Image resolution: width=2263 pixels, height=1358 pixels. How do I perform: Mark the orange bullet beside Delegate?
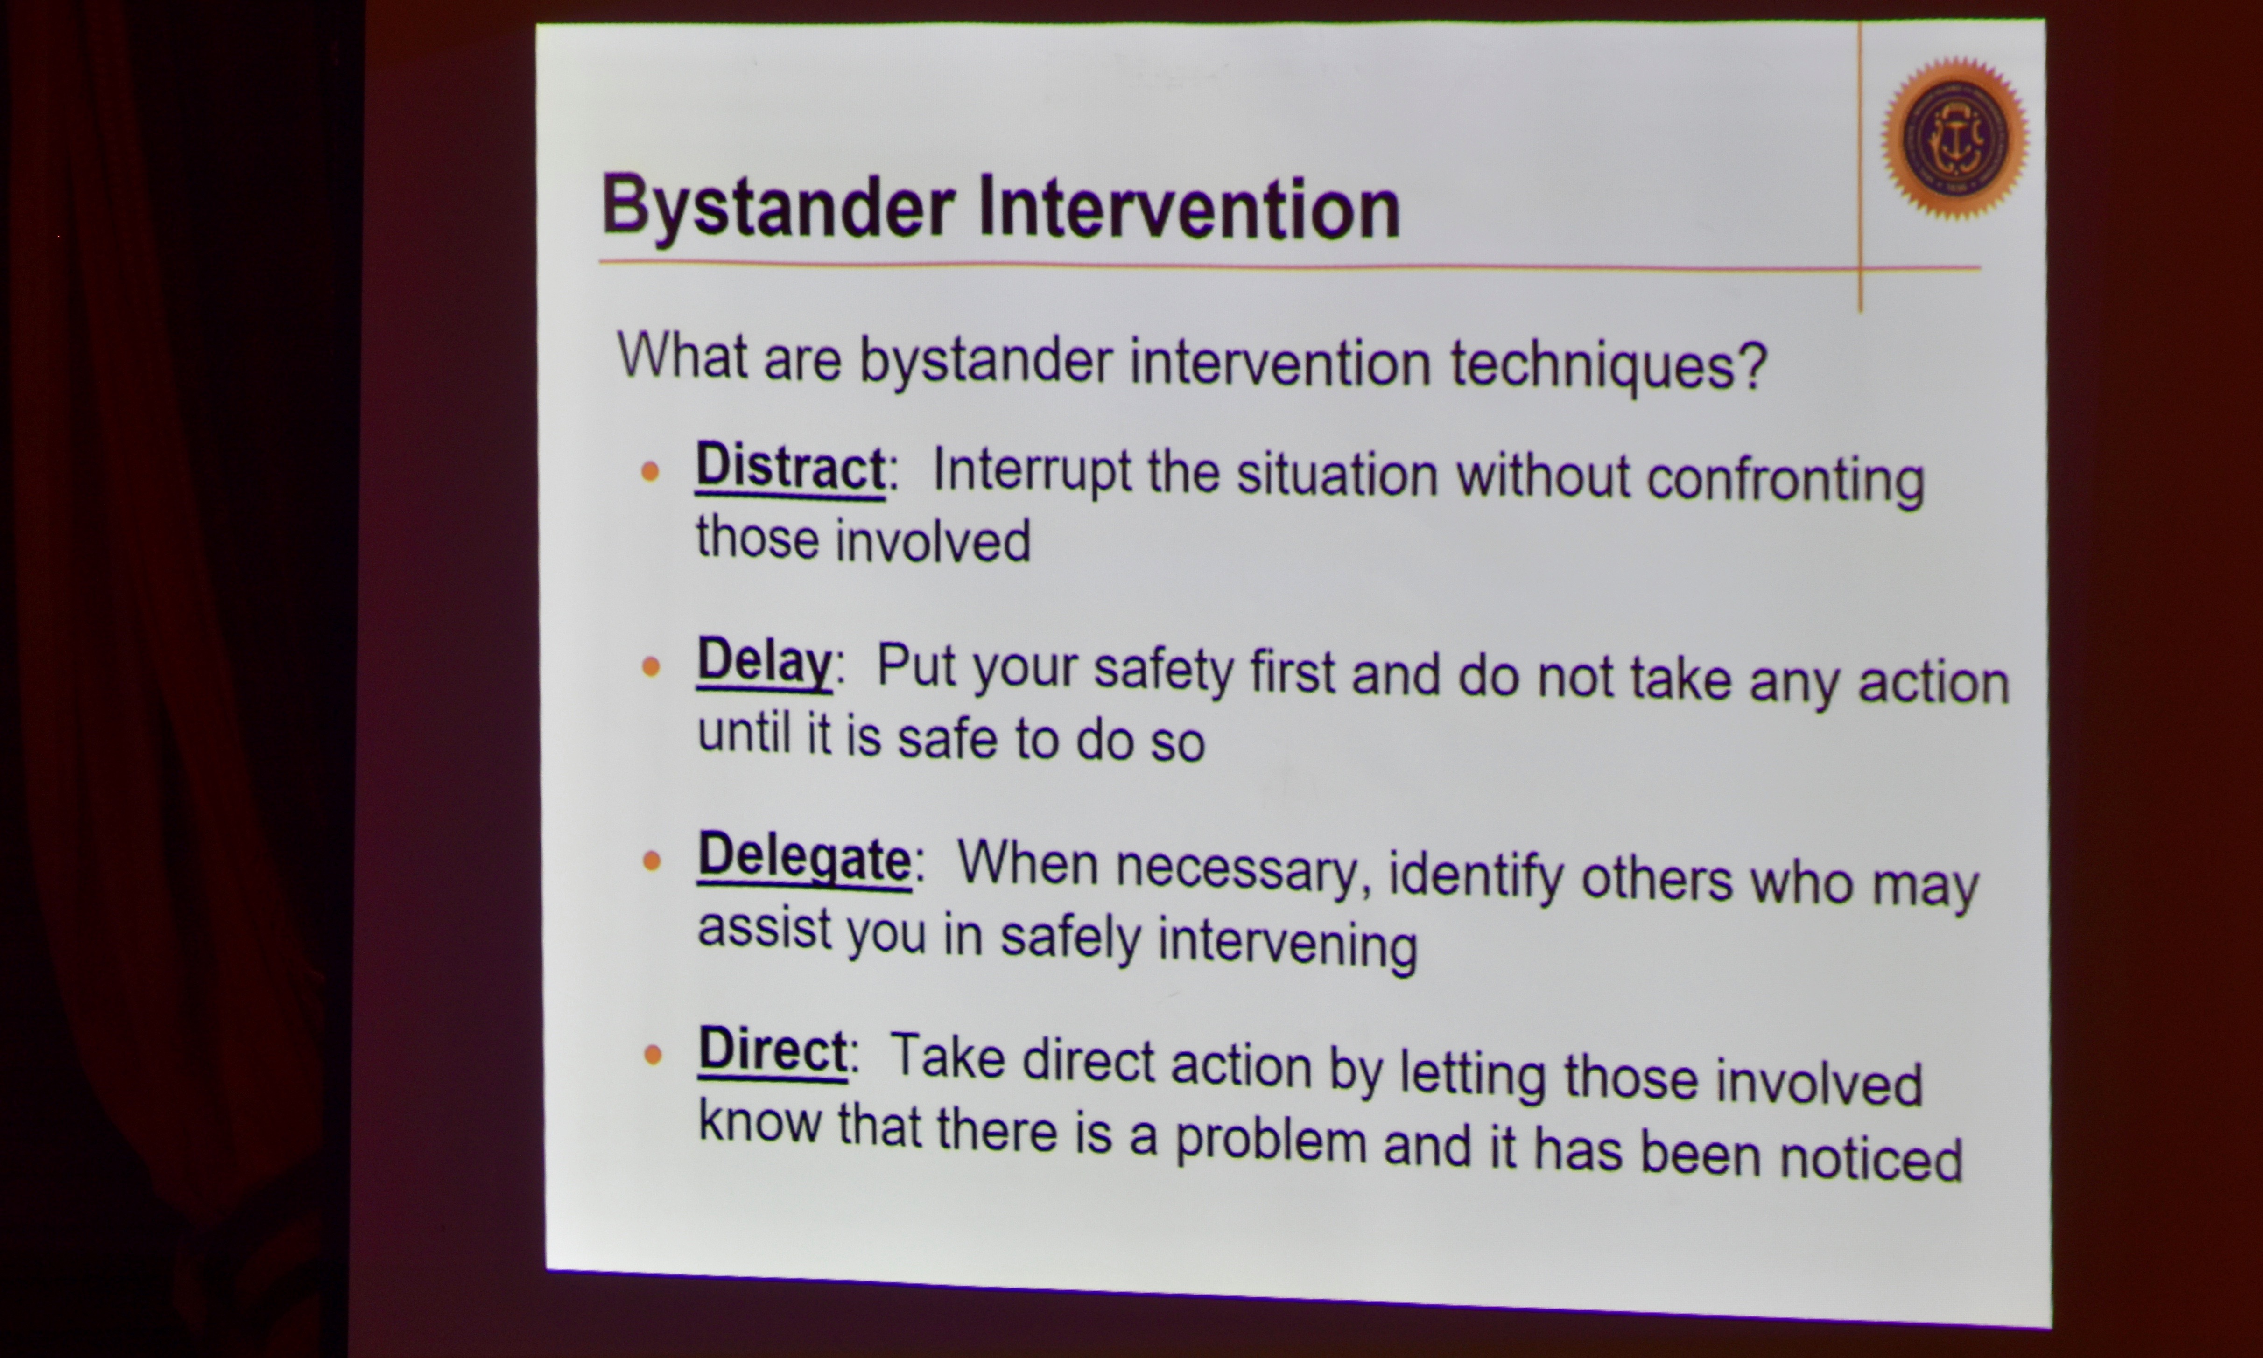652,861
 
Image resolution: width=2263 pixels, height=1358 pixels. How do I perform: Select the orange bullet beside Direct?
653,1055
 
